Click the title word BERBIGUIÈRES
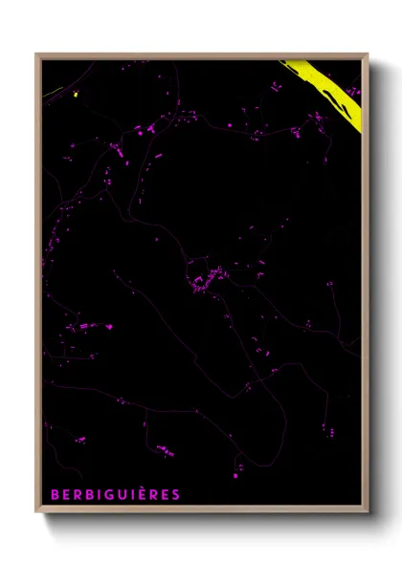tap(115, 494)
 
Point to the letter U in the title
tap(124, 494)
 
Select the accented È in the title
tap(143, 493)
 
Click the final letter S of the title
tap(175, 494)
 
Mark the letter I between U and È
tap(134, 494)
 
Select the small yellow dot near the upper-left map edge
tap(75, 94)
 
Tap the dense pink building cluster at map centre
tap(203, 281)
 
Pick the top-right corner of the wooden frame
tap(368, 54)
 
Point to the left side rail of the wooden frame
tap(38, 287)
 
